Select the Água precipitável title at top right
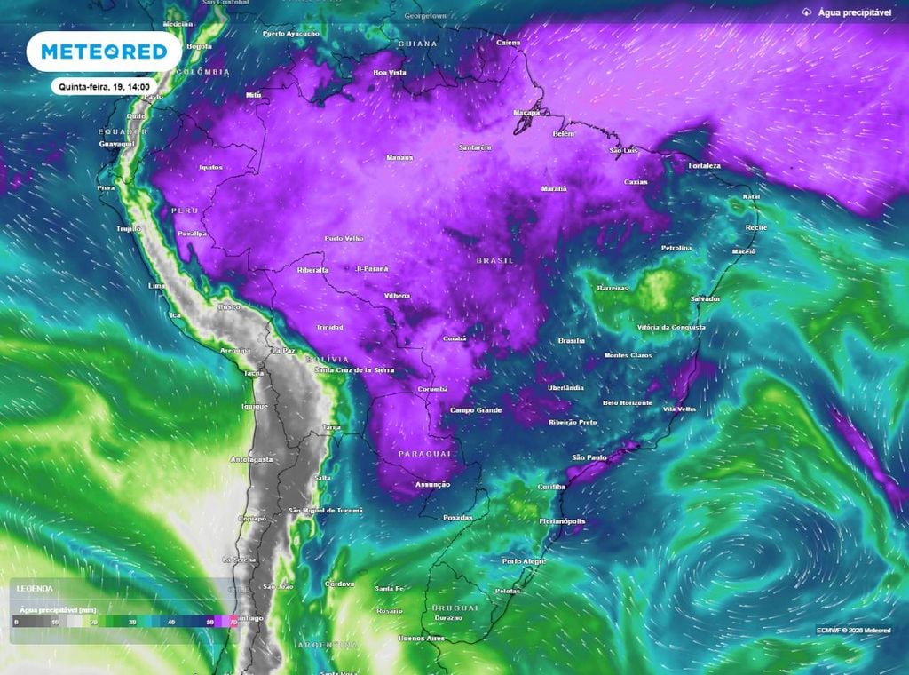pyautogui.click(x=855, y=12)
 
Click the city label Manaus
pyautogui.click(x=399, y=158)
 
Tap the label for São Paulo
pyautogui.click(x=589, y=457)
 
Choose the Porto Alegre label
pyautogui.click(x=524, y=561)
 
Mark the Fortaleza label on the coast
pyautogui.click(x=703, y=166)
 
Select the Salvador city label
pyautogui.click(x=706, y=298)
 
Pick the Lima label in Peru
pyautogui.click(x=157, y=285)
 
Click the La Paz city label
pyautogui.click(x=282, y=351)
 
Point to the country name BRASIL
pyautogui.click(x=495, y=261)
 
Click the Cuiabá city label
pyautogui.click(x=454, y=338)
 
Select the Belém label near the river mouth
pyautogui.click(x=564, y=134)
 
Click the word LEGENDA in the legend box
pyautogui.click(x=33, y=589)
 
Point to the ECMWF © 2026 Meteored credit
pyautogui.click(x=853, y=630)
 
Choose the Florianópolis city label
pyautogui.click(x=562, y=521)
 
